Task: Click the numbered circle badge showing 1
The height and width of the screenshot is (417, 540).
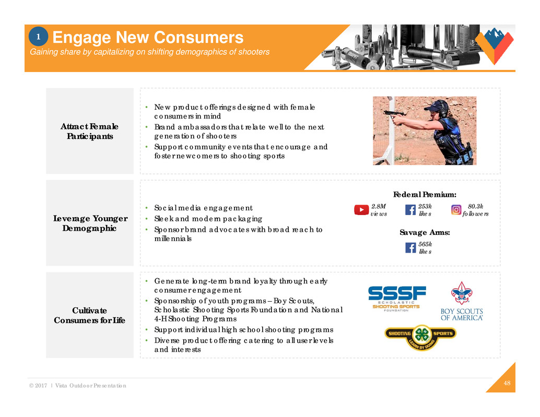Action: click(38, 37)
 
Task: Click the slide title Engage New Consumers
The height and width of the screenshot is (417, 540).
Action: click(148, 38)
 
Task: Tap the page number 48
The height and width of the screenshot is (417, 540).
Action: click(507, 384)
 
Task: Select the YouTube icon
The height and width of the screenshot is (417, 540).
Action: click(361, 210)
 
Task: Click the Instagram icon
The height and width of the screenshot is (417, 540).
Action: click(456, 210)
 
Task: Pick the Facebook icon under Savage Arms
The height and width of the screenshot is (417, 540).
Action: click(410, 247)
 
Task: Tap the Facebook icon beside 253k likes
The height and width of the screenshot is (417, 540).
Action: click(410, 210)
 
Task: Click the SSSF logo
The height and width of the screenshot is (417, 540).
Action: click(397, 299)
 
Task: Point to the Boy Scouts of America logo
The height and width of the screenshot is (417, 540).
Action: click(462, 301)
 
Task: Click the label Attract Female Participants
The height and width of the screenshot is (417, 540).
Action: click(89, 131)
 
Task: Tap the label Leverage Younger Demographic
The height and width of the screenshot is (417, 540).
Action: click(89, 223)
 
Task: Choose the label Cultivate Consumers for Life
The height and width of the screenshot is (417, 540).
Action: click(89, 315)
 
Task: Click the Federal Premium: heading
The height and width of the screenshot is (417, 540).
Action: click(425, 195)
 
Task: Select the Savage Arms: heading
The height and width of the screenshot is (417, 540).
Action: click(425, 233)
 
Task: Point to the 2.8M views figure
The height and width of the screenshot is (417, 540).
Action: click(379, 210)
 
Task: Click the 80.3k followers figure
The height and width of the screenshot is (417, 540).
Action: click(475, 210)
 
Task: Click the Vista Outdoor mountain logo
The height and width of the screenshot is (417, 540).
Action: click(496, 44)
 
